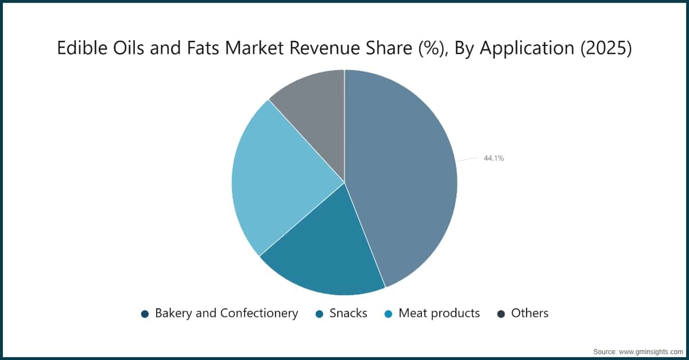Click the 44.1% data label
click(494, 158)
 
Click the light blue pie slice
click(276, 178)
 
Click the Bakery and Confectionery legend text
click(226, 313)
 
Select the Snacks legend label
click(349, 313)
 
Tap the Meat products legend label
click(439, 313)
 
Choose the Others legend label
click(529, 313)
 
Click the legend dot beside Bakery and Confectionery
click(145, 313)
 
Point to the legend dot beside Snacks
click(319, 313)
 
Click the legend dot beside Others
click(501, 313)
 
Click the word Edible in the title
click(76, 49)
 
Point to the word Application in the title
click(525, 49)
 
